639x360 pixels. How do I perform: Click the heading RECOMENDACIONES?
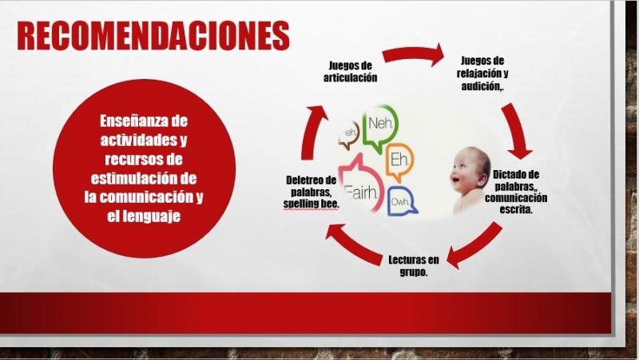(153, 35)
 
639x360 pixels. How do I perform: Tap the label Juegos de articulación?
(351, 71)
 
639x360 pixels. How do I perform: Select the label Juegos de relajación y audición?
(482, 73)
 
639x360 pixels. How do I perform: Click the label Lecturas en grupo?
(414, 266)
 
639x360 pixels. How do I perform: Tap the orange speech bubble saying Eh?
(399, 161)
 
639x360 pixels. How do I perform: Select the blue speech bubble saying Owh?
(402, 201)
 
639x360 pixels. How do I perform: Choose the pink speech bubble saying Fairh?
(361, 184)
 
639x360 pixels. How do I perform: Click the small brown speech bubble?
(349, 135)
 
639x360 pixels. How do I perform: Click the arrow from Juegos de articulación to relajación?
(414, 54)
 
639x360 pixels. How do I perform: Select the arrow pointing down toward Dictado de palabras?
(516, 130)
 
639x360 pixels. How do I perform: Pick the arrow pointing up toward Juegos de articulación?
(313, 131)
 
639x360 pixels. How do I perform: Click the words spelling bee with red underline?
(311, 204)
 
